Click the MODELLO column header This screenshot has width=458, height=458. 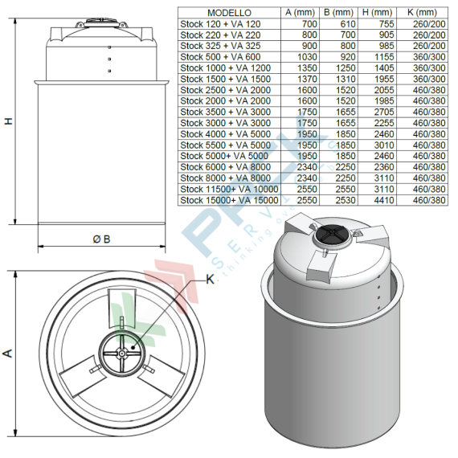pyautogui.click(x=229, y=14)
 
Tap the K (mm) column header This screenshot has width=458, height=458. pyautogui.click(x=423, y=14)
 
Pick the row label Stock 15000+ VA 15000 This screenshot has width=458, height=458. pyautogui.click(x=229, y=199)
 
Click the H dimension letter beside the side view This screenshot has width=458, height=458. pyautogui.click(x=9, y=121)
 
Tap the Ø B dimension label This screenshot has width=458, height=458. pyautogui.click(x=101, y=239)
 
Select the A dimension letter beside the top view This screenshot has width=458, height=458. pyautogui.click(x=9, y=353)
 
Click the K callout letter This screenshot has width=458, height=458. pyautogui.click(x=211, y=280)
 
